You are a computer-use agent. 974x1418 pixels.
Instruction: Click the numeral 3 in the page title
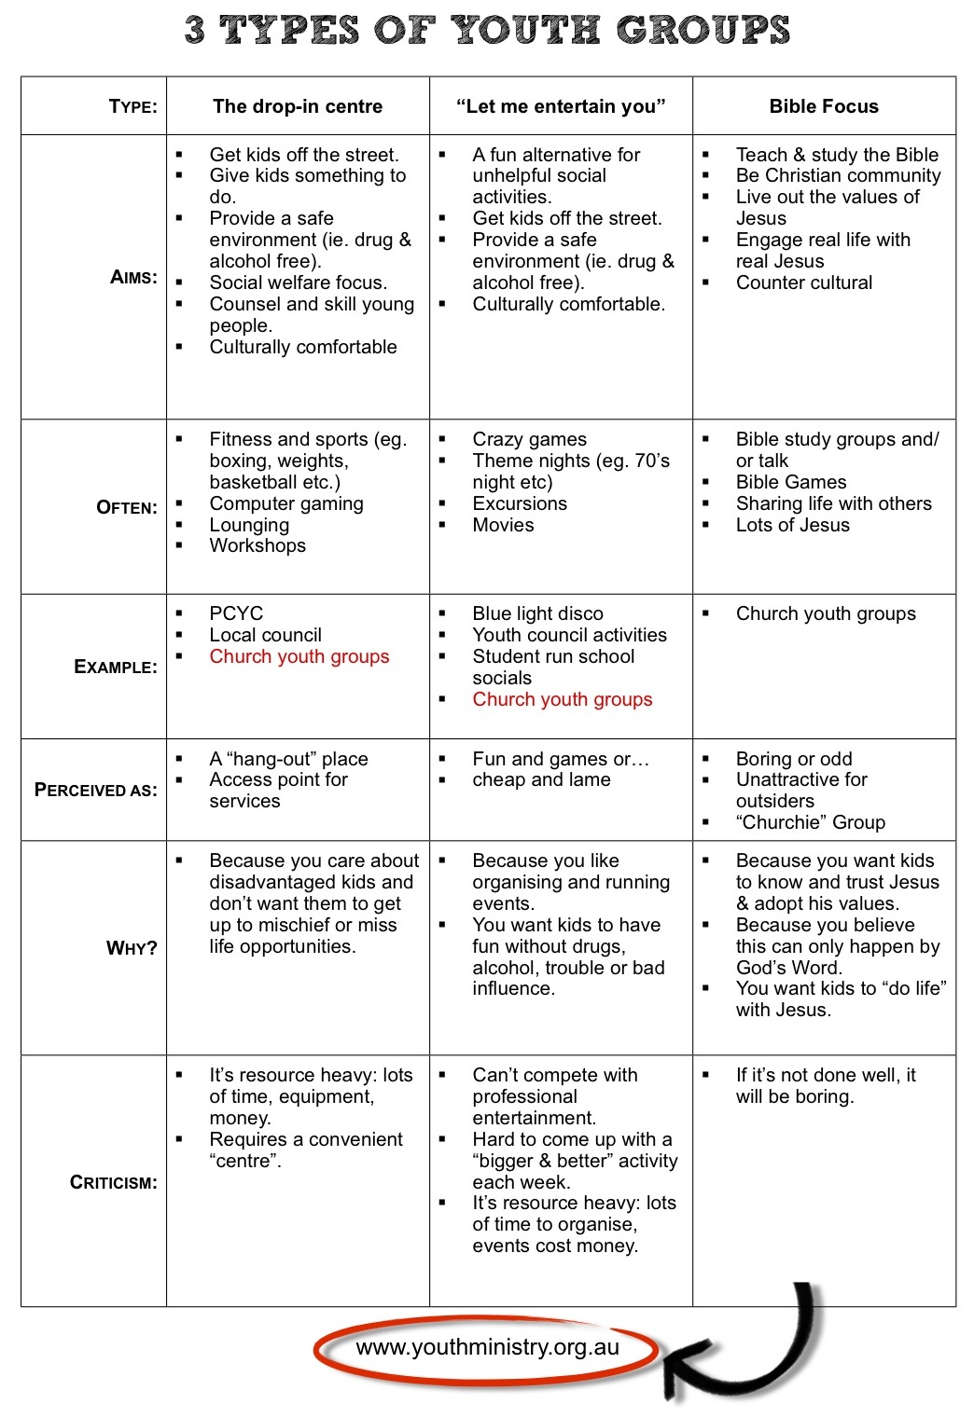tap(195, 30)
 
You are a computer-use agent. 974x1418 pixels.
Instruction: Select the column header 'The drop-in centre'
tap(298, 106)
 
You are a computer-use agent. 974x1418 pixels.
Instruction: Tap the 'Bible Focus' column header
tap(824, 106)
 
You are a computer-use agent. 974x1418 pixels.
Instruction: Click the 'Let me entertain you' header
tap(561, 106)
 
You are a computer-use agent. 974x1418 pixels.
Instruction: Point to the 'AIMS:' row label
tap(133, 277)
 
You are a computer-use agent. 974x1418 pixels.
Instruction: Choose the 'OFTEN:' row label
tap(127, 507)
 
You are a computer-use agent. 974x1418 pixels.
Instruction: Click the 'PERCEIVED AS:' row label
tap(95, 790)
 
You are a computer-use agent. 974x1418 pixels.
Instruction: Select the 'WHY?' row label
tap(132, 948)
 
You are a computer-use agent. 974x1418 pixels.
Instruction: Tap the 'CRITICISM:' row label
tap(113, 1182)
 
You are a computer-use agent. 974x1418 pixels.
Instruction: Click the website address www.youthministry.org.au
tap(487, 1347)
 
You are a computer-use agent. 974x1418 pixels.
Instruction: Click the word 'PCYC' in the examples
tap(236, 613)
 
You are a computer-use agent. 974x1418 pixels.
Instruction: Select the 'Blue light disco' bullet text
tap(537, 613)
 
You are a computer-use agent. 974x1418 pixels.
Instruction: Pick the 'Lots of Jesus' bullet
tap(792, 525)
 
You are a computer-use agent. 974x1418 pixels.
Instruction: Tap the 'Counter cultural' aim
tap(803, 282)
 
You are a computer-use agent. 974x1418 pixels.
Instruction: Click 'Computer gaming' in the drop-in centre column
tap(285, 503)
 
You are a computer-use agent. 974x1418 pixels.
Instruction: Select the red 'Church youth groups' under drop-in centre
tap(299, 656)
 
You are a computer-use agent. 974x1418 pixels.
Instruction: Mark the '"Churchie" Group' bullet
tap(810, 822)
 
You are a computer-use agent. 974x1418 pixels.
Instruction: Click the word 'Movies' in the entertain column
tap(503, 525)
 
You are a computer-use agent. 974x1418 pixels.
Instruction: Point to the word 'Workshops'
tap(257, 545)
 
